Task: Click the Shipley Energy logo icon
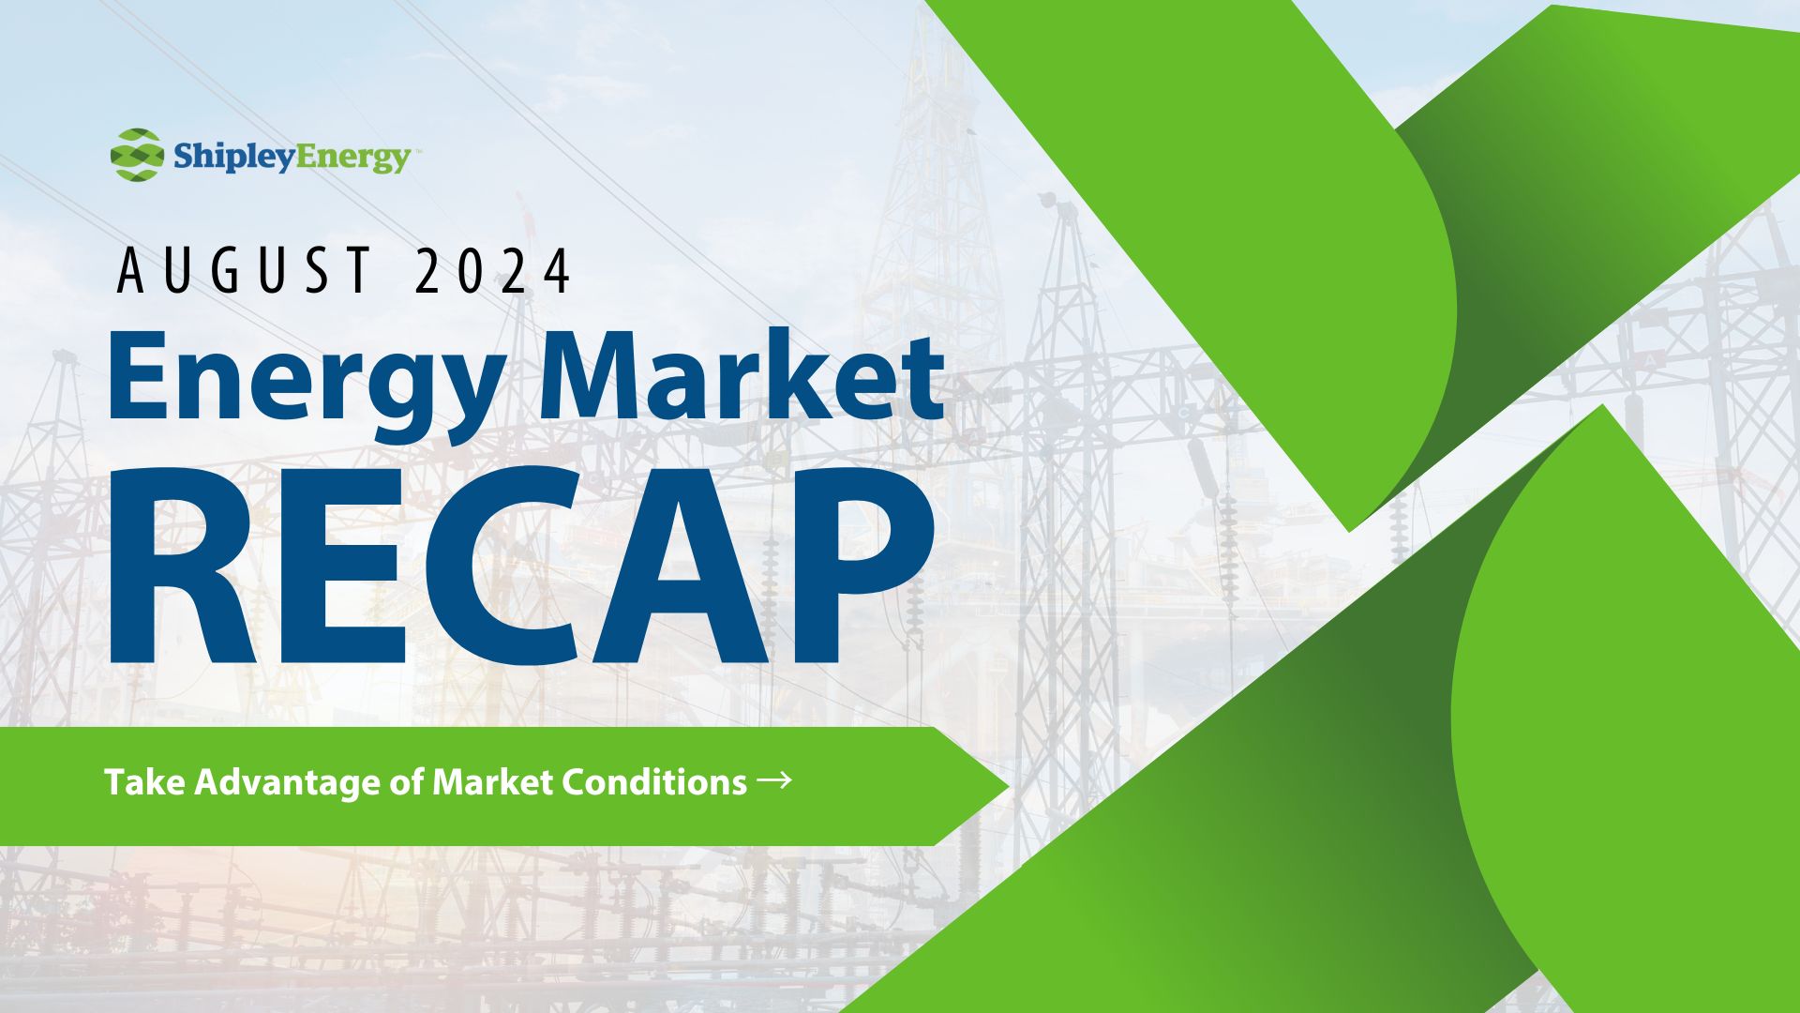click(137, 155)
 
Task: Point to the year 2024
click(492, 270)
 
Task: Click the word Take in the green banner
click(144, 781)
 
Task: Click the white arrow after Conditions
click(774, 779)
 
